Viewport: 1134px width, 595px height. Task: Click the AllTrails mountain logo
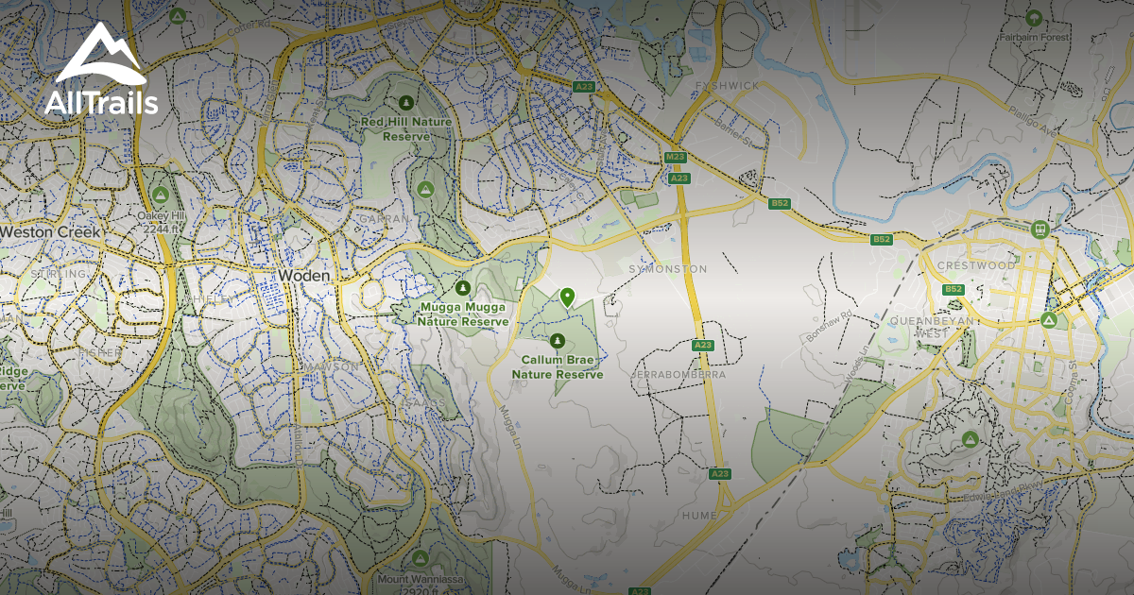click(x=100, y=54)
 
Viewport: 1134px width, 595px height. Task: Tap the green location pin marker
click(x=567, y=297)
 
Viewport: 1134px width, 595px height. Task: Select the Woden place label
click(x=303, y=275)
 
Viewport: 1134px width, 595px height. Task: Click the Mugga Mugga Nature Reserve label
click(x=463, y=314)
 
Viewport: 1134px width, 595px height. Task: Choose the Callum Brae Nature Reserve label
click(x=557, y=367)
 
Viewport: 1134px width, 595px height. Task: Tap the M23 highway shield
click(x=675, y=157)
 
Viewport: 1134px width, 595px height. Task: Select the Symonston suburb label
click(x=667, y=269)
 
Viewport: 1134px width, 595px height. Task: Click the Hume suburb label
click(x=700, y=516)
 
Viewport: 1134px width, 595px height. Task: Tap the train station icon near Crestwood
click(x=1040, y=229)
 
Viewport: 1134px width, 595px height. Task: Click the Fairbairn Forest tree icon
click(x=1035, y=17)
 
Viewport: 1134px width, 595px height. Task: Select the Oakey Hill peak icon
click(x=161, y=195)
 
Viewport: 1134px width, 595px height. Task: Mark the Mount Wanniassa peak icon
click(x=420, y=558)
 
